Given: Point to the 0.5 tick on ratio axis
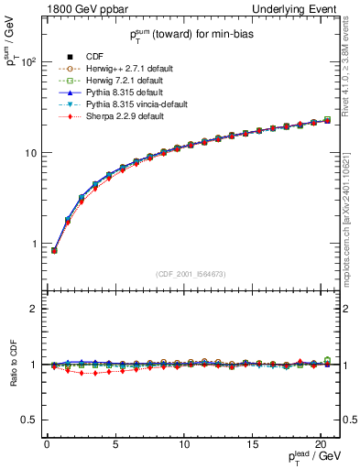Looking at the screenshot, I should pyautogui.click(x=29, y=420).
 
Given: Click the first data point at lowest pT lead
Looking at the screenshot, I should pyautogui.click(x=54, y=250).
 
